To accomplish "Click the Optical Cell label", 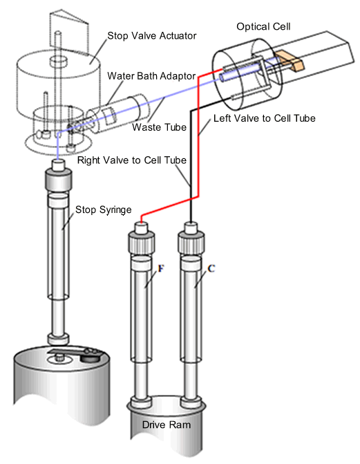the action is [x=263, y=27].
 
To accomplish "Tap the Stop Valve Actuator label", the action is [x=152, y=36].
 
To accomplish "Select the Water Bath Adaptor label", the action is [x=151, y=76].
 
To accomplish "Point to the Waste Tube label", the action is [x=159, y=127].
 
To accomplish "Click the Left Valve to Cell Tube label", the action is [x=265, y=118].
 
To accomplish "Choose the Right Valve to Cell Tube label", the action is [x=132, y=160].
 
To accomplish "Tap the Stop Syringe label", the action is [x=103, y=210].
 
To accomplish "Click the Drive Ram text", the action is [x=167, y=425].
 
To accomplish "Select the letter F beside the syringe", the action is [x=160, y=269].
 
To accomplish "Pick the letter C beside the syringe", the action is [x=211, y=269].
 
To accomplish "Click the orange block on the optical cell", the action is [x=290, y=62].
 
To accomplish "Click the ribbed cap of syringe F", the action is [x=141, y=242].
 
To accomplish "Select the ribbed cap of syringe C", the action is [x=191, y=242].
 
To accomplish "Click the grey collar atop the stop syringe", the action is [x=58, y=179].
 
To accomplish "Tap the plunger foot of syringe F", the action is [x=141, y=402].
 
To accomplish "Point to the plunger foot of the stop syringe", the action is [x=58, y=339].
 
